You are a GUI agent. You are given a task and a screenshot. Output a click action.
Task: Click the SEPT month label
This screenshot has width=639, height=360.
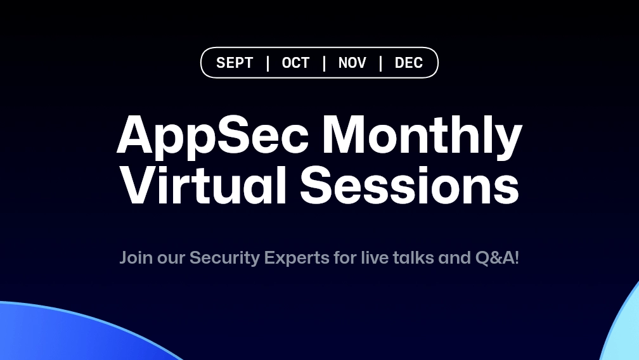point(235,63)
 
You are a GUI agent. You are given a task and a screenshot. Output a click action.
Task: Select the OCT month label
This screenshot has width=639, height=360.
point(295,63)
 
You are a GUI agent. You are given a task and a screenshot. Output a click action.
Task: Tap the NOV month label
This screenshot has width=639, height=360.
point(352,63)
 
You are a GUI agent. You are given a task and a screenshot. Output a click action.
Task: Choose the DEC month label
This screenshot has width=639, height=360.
point(409,63)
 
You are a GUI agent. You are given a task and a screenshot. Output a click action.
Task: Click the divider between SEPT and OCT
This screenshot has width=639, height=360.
point(268,63)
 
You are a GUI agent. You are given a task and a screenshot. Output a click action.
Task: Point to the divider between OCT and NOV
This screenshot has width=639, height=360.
point(325,63)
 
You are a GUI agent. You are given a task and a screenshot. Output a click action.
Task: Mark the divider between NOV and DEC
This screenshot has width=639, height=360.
point(380,63)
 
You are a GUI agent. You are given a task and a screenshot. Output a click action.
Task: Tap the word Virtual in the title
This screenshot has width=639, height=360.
point(203,184)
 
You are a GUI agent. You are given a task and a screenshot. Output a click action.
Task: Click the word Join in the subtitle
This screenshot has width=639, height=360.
point(136,258)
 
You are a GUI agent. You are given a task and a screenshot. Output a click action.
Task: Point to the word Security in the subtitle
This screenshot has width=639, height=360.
point(224,259)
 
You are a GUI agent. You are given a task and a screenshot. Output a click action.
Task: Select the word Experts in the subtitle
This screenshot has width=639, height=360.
point(297,259)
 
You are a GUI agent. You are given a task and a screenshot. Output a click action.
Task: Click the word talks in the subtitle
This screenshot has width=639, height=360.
point(413,257)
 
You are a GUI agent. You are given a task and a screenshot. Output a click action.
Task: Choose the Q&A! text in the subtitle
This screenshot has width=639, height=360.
point(497,258)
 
